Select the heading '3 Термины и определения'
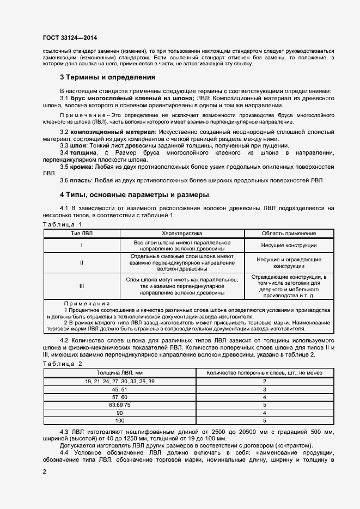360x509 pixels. pos(107,77)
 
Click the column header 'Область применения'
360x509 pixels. pos(289,233)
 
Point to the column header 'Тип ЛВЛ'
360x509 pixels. pos(82,233)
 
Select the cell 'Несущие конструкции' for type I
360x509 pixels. pos(289,246)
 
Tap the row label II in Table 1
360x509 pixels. pos(82,263)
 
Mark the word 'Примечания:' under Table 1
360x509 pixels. pos(88,303)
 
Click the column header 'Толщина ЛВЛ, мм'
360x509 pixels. pos(120,372)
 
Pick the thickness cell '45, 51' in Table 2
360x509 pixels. pos(120,390)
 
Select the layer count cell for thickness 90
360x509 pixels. pos(264,413)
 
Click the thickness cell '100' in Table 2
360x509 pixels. pos(120,421)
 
